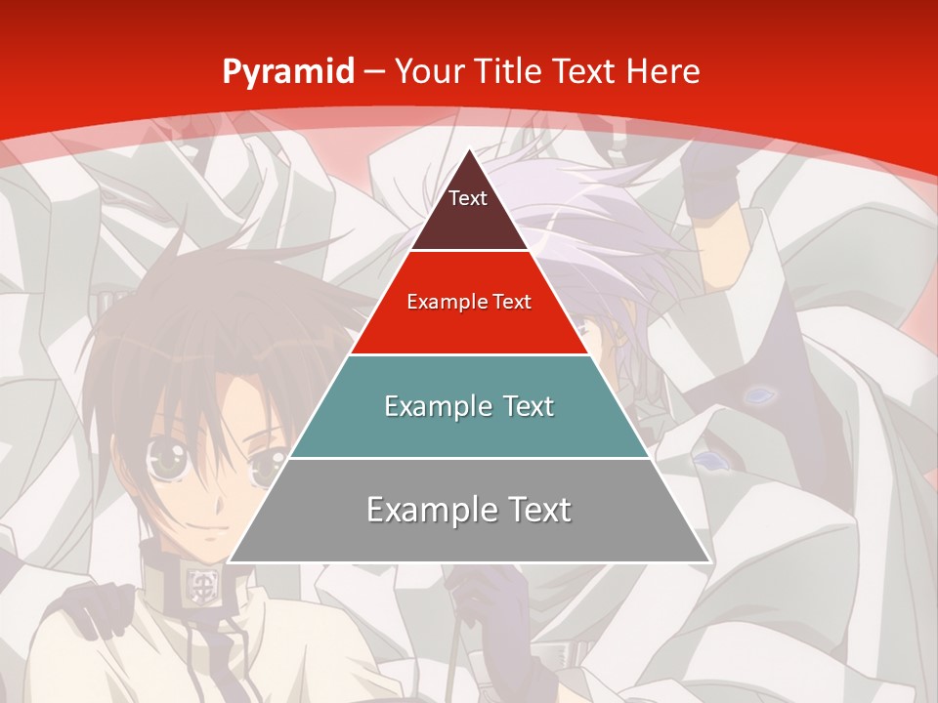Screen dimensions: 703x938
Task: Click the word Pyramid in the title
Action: coord(287,72)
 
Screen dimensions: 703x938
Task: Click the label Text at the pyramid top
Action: coord(467,198)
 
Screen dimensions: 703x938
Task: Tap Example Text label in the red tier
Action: coord(469,302)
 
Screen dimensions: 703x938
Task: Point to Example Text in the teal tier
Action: coord(469,406)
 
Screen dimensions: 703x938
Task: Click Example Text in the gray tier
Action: coord(469,510)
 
